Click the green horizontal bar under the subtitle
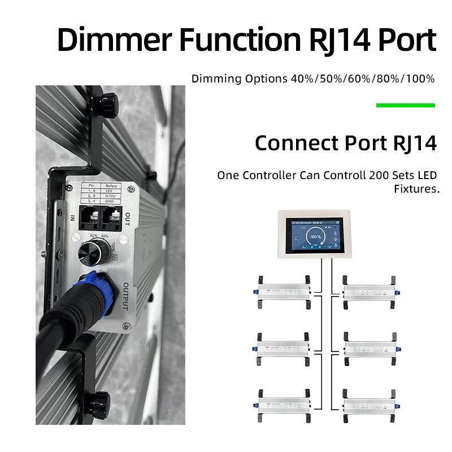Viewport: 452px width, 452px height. [x=405, y=105]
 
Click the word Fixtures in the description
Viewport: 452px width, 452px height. [x=416, y=189]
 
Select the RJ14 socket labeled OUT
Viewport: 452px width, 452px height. [x=113, y=216]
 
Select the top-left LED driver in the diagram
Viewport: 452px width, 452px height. [x=282, y=290]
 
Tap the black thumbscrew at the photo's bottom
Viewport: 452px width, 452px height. [x=100, y=401]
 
